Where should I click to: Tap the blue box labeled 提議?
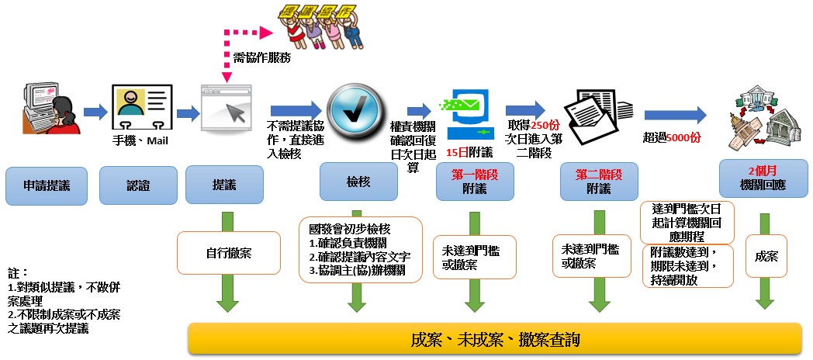(219, 186)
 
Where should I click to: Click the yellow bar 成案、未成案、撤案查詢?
(495, 340)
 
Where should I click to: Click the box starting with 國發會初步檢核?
(359, 249)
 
